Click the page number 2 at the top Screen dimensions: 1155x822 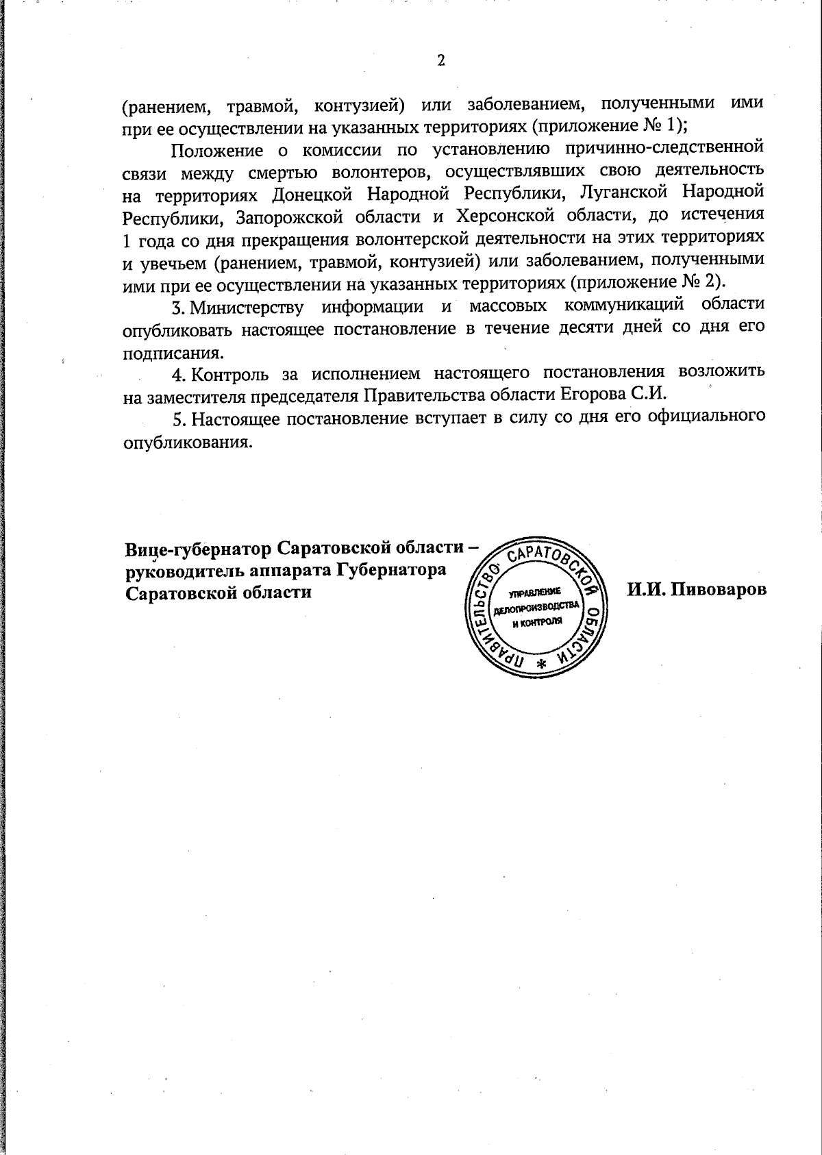tap(441, 61)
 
